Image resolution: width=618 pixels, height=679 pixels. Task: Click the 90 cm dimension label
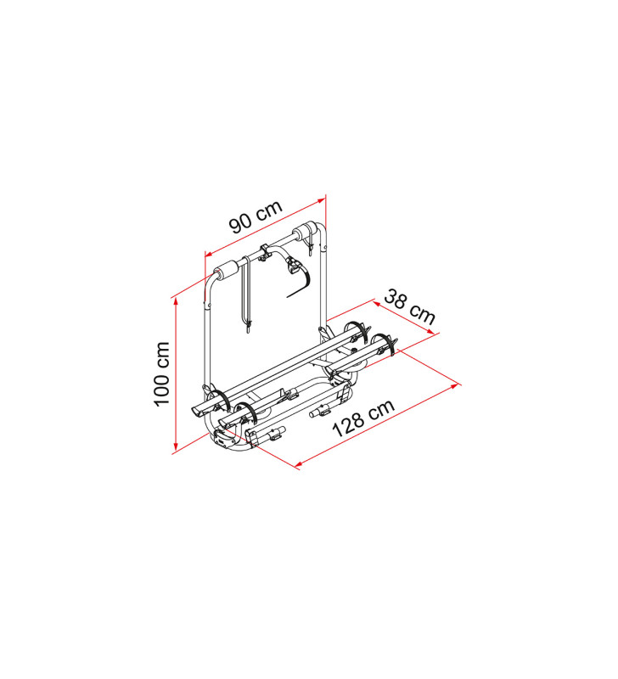256,216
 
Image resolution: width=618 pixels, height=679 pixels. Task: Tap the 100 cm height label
162,374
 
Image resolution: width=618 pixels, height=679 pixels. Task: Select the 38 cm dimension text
409,306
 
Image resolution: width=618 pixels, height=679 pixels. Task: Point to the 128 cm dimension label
363,418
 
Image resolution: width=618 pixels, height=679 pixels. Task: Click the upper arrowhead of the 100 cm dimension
176,302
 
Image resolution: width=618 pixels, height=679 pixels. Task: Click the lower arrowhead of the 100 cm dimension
176,447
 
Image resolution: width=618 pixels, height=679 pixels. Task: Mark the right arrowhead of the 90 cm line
322,199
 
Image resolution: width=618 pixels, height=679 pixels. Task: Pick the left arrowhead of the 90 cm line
209,254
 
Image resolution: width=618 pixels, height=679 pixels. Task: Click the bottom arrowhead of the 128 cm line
299,464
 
